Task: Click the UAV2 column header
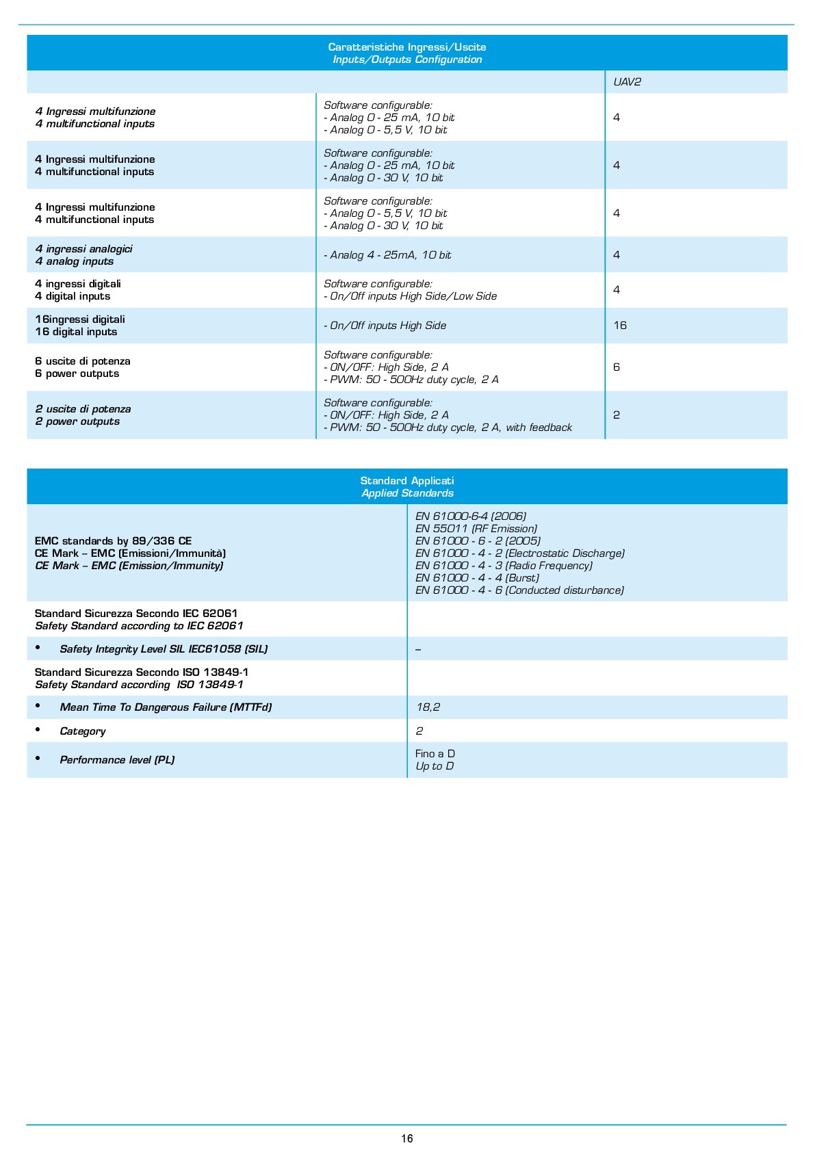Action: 627,82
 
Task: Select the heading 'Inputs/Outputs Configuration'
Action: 407,60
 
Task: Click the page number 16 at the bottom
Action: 407,1138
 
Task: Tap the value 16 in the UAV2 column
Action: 620,326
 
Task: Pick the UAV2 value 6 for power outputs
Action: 617,367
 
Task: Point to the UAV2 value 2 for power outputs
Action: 617,415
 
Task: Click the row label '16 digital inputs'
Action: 76,332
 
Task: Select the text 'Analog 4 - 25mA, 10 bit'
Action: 387,255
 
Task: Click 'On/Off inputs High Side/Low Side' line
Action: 411,296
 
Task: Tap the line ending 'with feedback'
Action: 448,428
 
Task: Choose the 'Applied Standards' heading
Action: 407,493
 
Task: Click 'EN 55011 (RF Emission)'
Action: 476,529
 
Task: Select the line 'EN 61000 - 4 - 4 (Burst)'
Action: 477,578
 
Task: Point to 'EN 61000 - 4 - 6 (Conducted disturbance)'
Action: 519,590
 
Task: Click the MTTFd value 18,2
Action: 428,707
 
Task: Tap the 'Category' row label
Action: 83,731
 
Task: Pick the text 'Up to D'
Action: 435,766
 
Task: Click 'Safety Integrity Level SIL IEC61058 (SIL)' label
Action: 164,649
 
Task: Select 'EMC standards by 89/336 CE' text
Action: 113,541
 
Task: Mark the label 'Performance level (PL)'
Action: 117,760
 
